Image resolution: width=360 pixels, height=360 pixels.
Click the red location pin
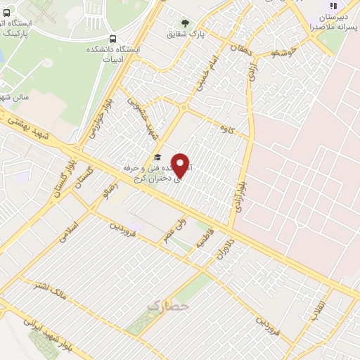(x=181, y=165)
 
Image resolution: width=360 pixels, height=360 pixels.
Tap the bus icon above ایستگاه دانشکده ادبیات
(x=113, y=39)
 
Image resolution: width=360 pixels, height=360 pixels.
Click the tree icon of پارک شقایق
(x=186, y=23)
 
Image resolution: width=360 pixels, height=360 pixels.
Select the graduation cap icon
(x=158, y=157)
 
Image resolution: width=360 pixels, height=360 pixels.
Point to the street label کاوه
(x=226, y=129)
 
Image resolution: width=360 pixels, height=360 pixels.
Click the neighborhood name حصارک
(x=169, y=307)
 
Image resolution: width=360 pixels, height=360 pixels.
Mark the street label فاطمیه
(x=205, y=239)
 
